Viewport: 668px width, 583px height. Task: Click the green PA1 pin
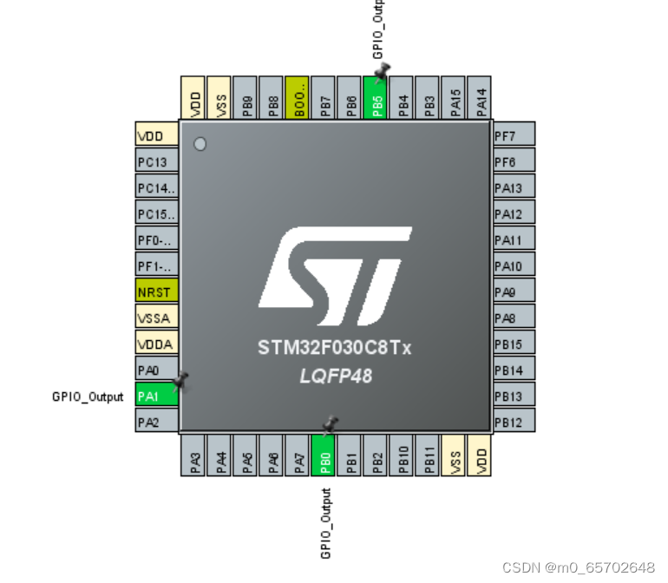click(x=157, y=396)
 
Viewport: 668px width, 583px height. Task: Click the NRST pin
click(x=157, y=291)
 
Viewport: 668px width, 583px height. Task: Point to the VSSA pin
click(x=157, y=318)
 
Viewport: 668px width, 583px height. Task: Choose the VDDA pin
click(x=157, y=344)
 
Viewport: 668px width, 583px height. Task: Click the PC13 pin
click(x=157, y=161)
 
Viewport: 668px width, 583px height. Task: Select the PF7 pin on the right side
click(x=514, y=134)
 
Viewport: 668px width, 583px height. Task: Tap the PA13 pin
click(x=514, y=187)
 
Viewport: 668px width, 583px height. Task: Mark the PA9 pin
click(x=514, y=291)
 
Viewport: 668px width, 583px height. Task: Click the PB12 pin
click(x=514, y=422)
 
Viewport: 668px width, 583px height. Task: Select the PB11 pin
click(x=429, y=454)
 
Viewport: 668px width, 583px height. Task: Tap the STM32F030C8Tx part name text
click(x=335, y=348)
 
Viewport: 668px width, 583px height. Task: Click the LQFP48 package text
click(x=335, y=375)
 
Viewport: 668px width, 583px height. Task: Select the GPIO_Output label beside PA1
click(x=88, y=397)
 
